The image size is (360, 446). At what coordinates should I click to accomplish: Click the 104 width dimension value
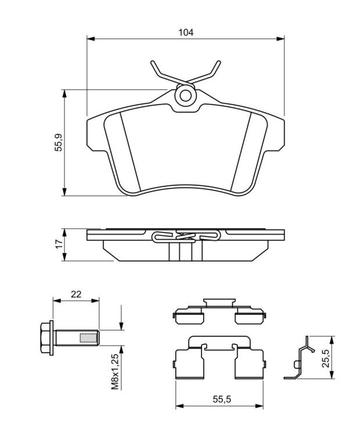(x=186, y=33)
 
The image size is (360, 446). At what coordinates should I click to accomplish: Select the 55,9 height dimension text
(x=59, y=142)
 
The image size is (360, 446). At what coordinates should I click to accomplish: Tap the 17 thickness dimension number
(x=59, y=244)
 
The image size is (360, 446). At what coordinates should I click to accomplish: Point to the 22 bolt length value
(x=76, y=294)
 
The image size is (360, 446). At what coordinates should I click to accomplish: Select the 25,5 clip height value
(x=326, y=358)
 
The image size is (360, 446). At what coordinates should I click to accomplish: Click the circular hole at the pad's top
(x=185, y=96)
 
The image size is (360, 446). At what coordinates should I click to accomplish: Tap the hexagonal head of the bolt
(x=45, y=337)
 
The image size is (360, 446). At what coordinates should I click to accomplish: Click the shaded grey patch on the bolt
(x=88, y=337)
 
